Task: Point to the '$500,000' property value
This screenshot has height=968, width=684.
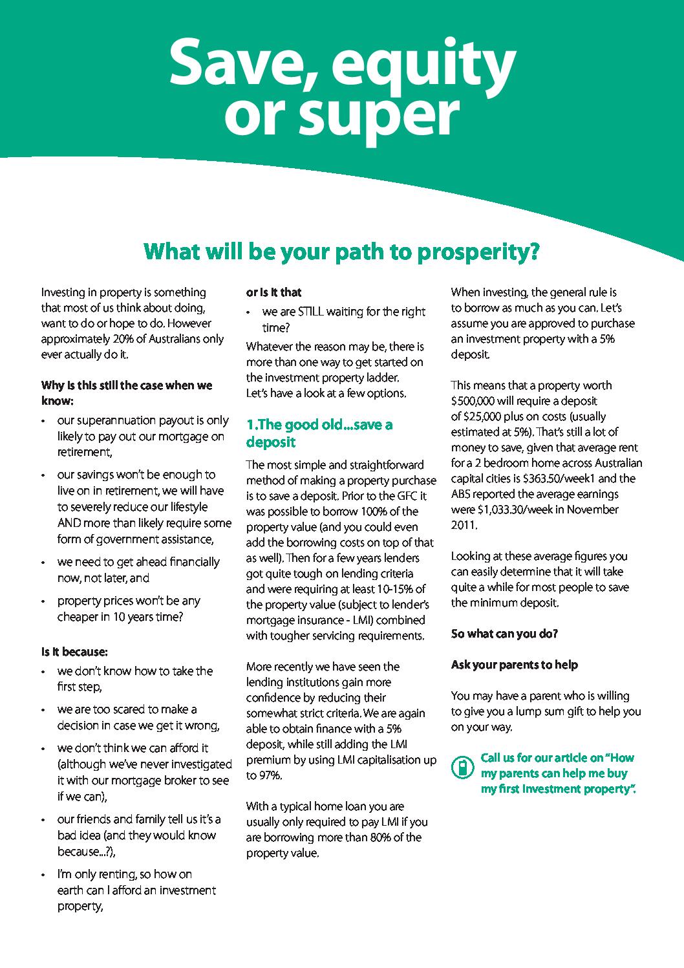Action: click(478, 401)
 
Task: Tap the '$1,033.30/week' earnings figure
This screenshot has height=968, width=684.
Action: click(515, 510)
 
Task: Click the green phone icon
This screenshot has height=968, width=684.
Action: click(462, 767)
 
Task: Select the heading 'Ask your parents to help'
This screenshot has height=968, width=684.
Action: click(514, 665)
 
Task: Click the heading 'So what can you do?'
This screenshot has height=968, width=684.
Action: click(504, 634)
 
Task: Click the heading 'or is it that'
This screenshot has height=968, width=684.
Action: click(273, 292)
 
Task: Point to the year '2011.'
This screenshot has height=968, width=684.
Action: click(464, 525)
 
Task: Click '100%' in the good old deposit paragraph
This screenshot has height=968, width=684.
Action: click(370, 511)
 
